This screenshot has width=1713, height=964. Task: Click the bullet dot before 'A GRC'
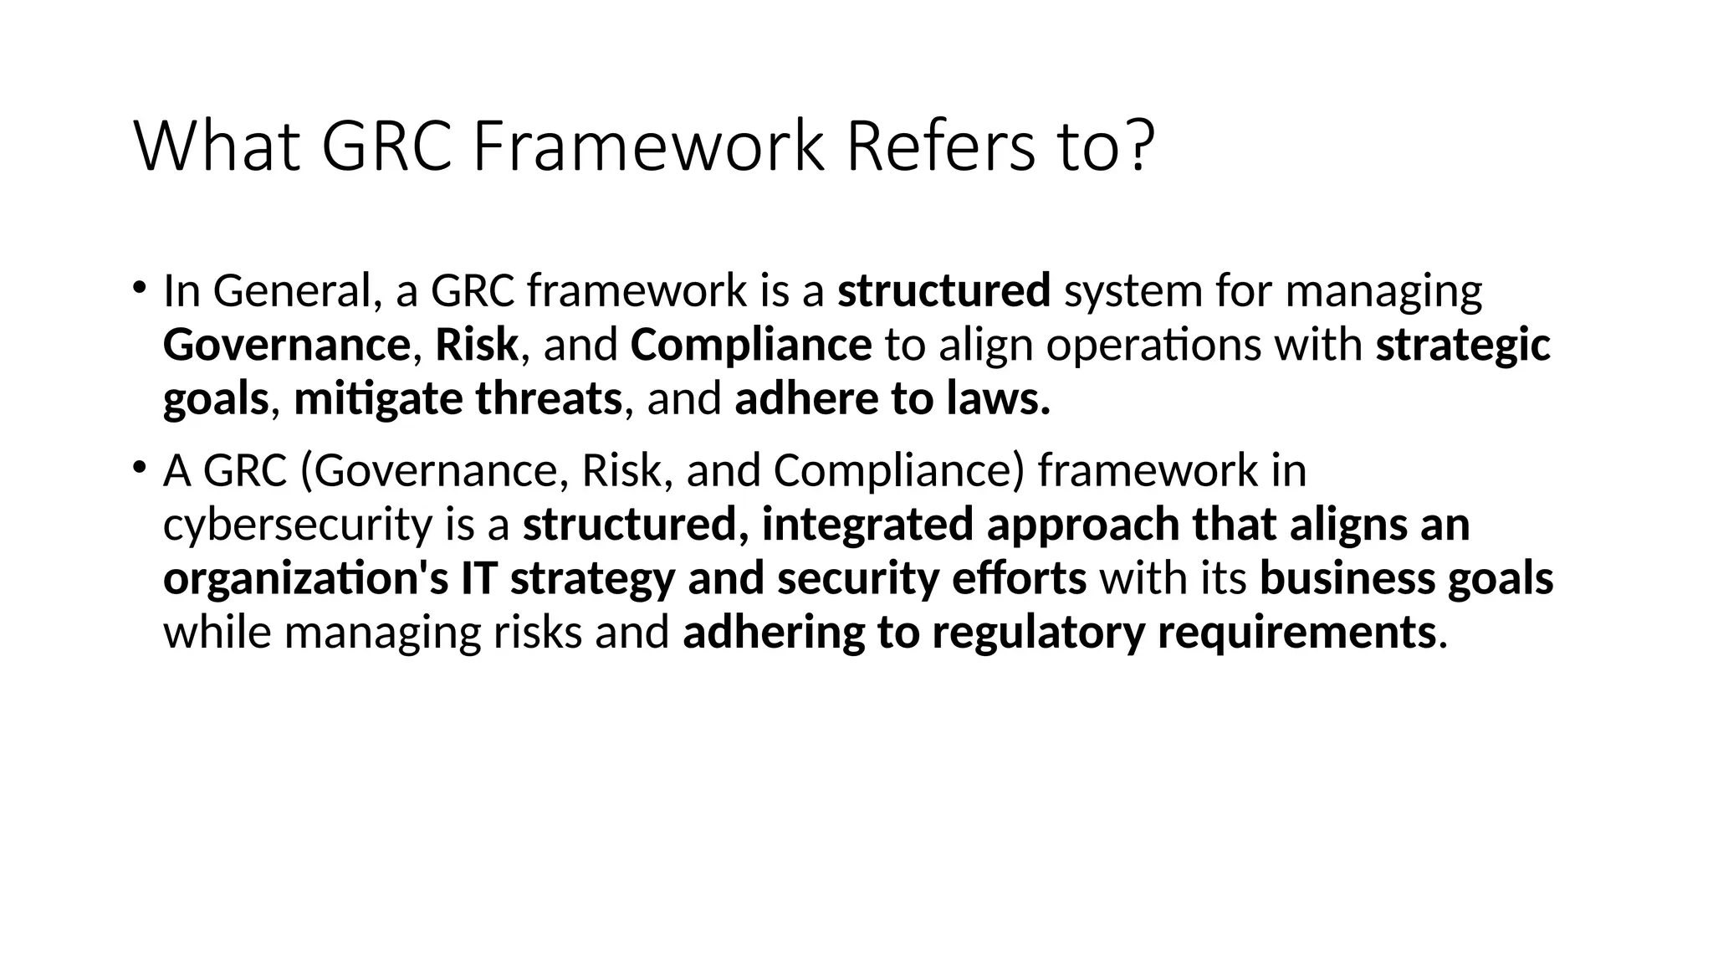click(139, 467)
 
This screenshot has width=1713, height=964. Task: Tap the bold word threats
click(549, 398)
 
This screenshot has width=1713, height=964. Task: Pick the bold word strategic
click(1463, 345)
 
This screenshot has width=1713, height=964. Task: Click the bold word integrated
click(867, 525)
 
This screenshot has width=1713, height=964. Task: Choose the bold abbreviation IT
click(478, 578)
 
